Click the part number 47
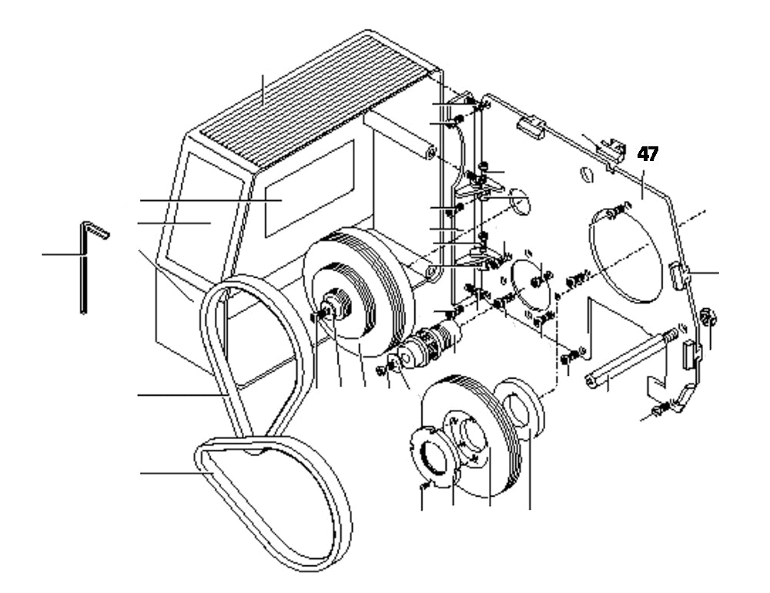648,154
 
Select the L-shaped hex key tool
85,262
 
